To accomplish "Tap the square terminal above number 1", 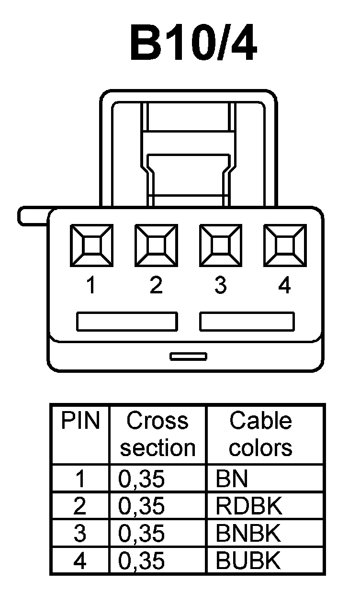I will point(91,246).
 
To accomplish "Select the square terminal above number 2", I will point(156,246).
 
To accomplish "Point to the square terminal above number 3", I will point(220,246).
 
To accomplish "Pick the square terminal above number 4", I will point(284,246).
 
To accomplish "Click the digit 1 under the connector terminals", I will point(91,286).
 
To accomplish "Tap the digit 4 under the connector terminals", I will point(284,286).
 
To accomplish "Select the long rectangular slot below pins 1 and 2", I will point(127,321).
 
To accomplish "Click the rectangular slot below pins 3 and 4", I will point(247,321).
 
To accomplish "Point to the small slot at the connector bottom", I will point(189,356).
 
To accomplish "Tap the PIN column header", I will point(80,421).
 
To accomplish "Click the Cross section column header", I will point(157,434).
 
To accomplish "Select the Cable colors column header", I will point(260,434).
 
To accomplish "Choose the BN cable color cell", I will point(232,479).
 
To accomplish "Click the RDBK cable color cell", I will point(249,506).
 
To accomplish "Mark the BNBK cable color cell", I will point(249,533).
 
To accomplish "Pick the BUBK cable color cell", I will point(249,560).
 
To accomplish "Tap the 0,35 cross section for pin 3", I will point(141,533).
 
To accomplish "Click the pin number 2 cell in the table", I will point(80,506).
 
